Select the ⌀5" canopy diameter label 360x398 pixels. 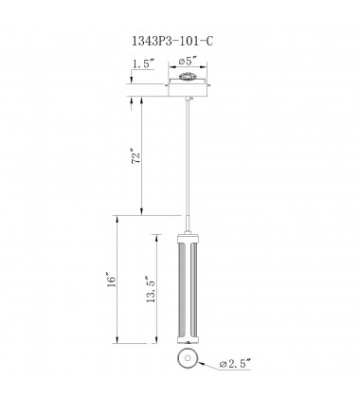187,63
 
